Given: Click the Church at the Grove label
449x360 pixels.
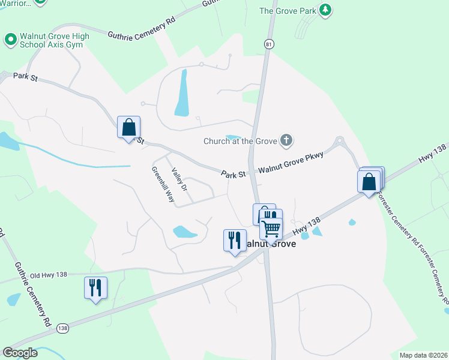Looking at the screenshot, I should [x=240, y=142].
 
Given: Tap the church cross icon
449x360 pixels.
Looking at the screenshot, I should [x=286, y=141].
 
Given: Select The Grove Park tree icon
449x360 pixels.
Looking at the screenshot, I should [x=325, y=10].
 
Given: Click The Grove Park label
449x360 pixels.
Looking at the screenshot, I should [x=288, y=10].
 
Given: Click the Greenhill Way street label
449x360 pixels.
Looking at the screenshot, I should [x=163, y=182].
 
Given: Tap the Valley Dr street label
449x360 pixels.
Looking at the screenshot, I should [x=179, y=179].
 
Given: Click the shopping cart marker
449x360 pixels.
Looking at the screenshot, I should [x=271, y=226].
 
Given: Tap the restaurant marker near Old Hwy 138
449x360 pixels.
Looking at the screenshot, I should [x=95, y=288].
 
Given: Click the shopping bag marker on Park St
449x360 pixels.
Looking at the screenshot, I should [x=128, y=127].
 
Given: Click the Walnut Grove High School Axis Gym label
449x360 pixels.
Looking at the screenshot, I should [x=55, y=41].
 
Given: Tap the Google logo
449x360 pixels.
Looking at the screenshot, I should [x=20, y=353].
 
